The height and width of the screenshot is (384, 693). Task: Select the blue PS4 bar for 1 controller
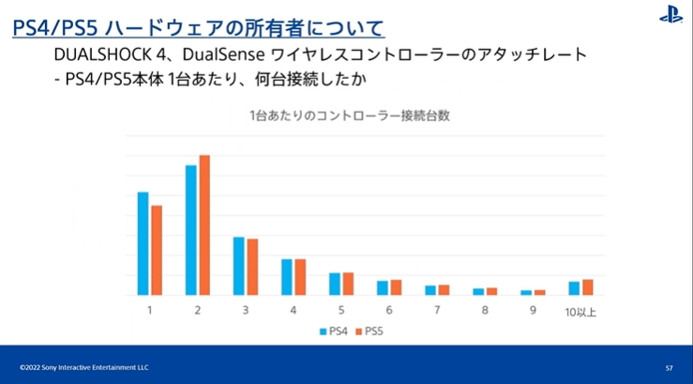pos(143,244)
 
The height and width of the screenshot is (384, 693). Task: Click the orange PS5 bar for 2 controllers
pos(204,225)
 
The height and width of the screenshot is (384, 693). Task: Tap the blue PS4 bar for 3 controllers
pos(239,267)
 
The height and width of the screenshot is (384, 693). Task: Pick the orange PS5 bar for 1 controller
pos(157,251)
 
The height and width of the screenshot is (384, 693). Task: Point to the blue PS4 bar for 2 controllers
pos(191,231)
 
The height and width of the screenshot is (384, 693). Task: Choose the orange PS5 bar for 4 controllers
pos(301,278)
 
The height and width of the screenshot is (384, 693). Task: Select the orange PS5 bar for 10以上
pos(588,287)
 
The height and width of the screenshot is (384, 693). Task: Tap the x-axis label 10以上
pos(580,311)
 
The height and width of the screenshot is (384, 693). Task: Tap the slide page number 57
pos(669,367)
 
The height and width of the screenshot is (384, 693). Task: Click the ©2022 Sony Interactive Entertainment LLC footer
pos(84,367)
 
